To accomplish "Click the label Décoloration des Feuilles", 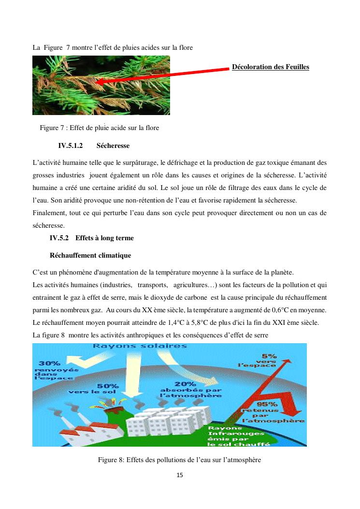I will point(270,67).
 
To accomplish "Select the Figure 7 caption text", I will point(100,128).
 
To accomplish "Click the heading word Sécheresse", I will point(113,145).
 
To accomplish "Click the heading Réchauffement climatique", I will point(90,255).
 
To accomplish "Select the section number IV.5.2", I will point(60,238).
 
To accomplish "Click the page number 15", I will point(180,475).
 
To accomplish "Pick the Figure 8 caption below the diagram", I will point(179,460).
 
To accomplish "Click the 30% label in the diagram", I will point(50,363).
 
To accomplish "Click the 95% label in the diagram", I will point(267,404).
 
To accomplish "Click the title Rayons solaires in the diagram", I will point(140,347).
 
